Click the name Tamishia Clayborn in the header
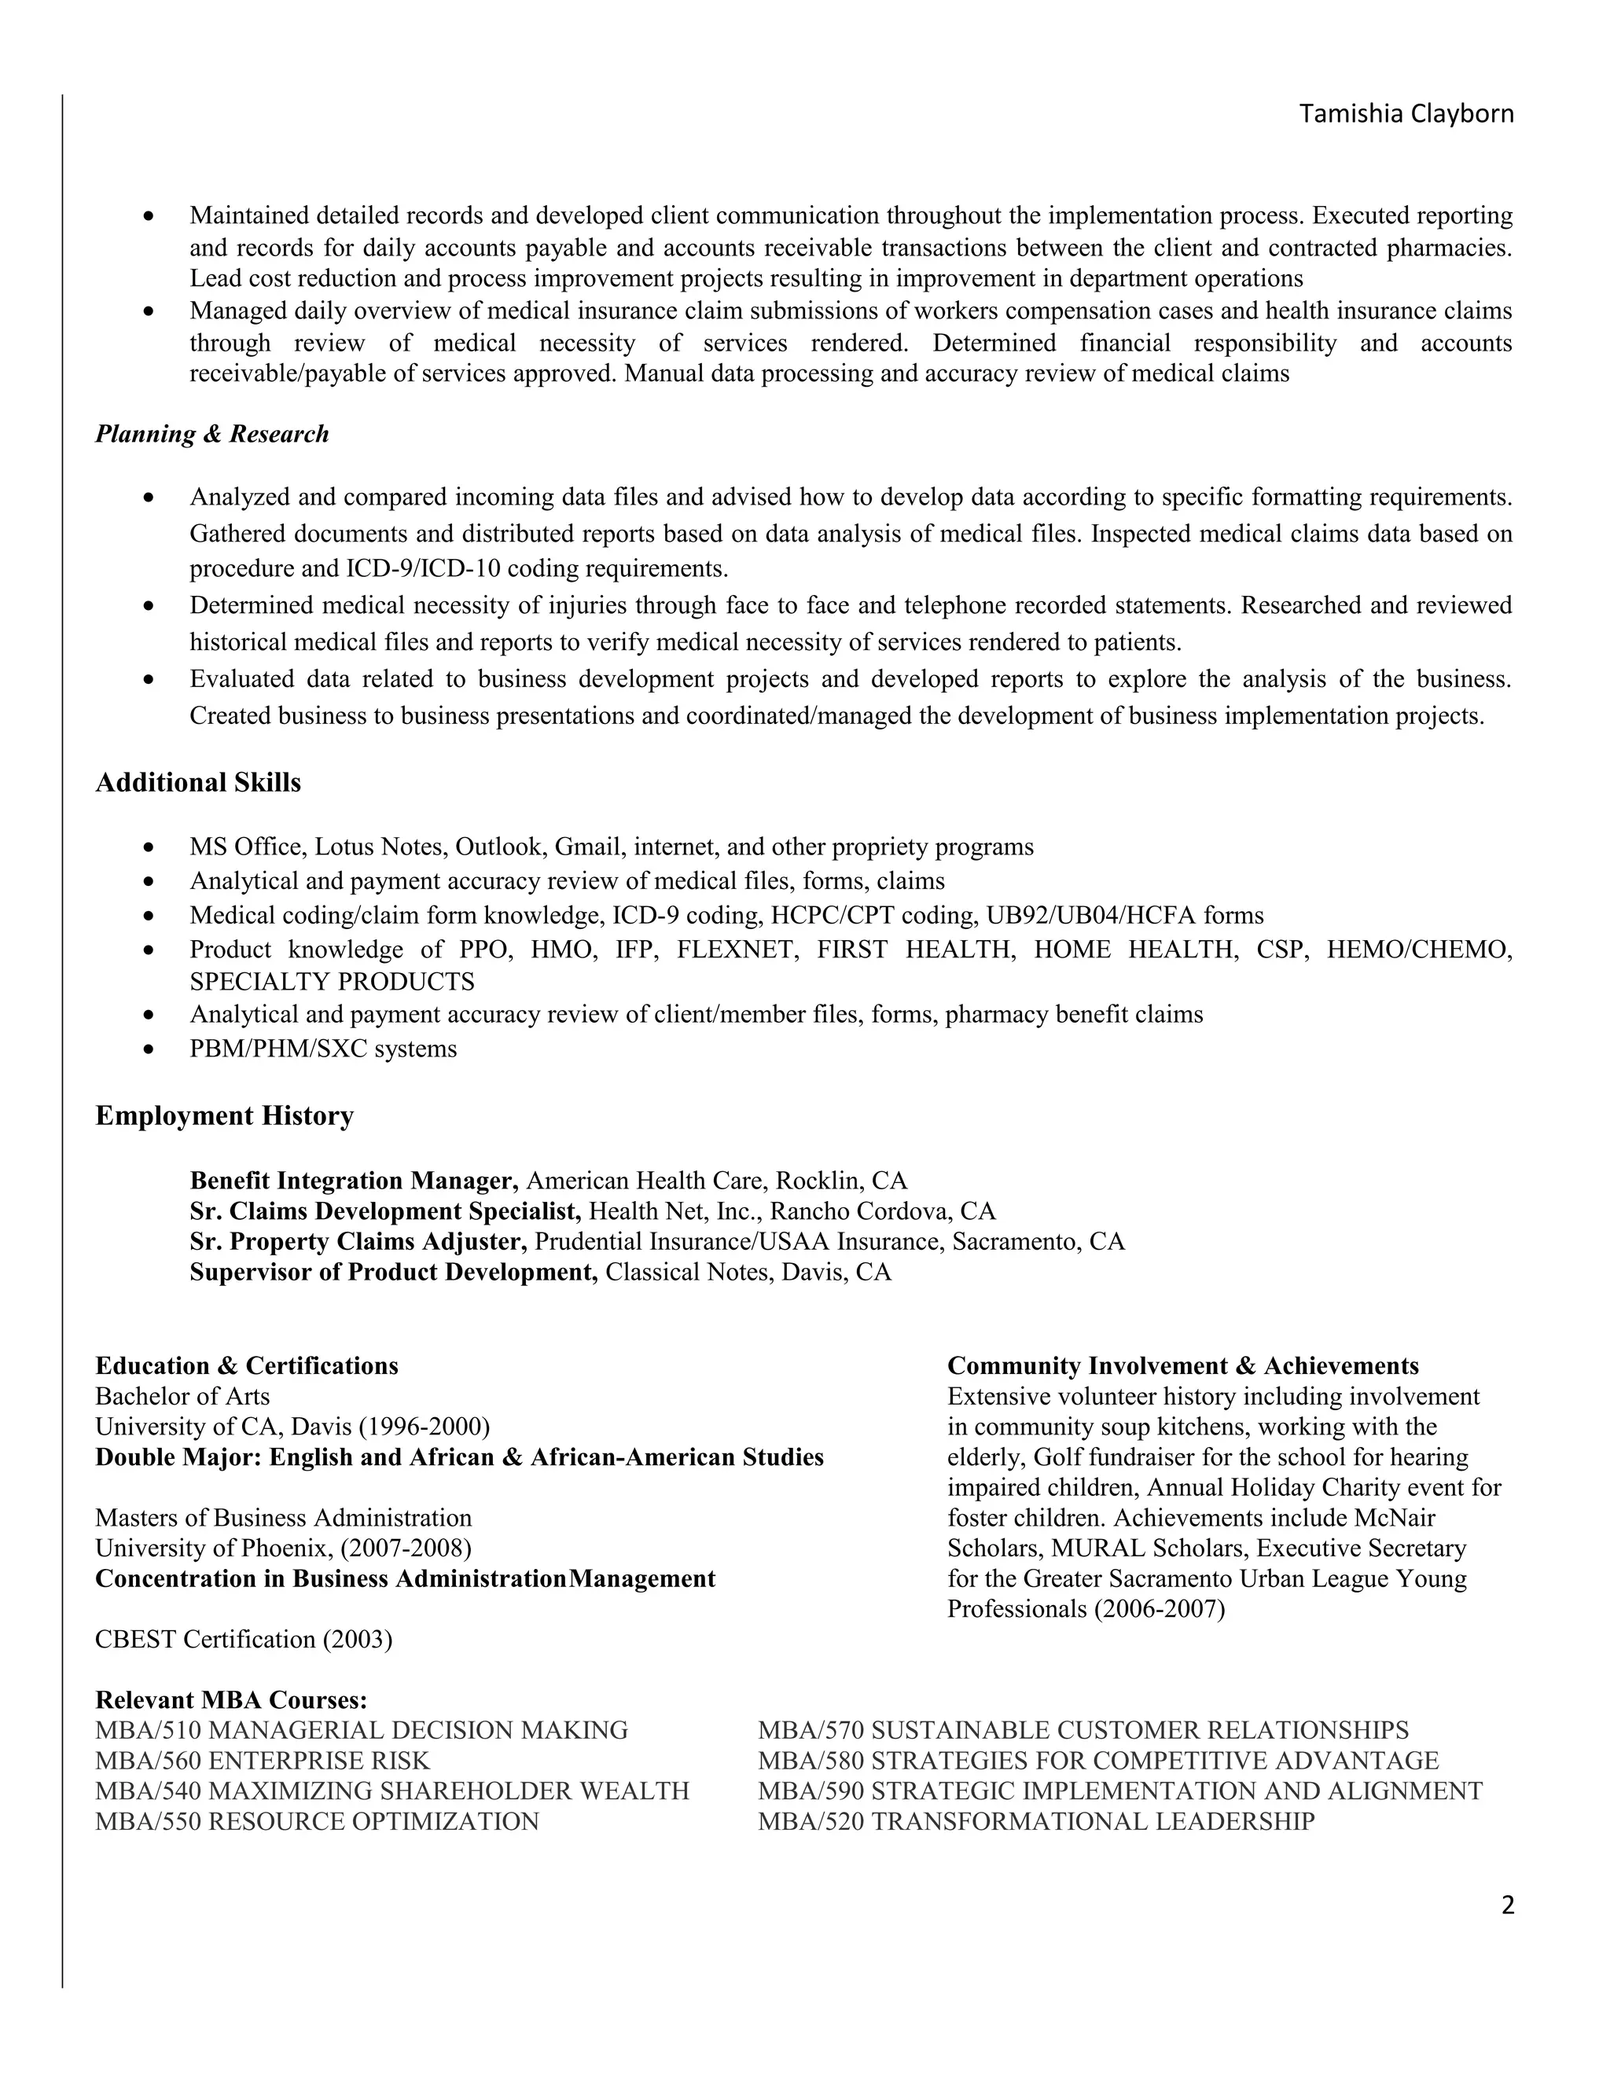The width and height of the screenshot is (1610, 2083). click(1406, 115)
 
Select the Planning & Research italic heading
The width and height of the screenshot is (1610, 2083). click(211, 434)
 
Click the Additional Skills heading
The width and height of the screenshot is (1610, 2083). click(197, 783)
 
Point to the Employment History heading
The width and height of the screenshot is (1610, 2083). click(224, 1116)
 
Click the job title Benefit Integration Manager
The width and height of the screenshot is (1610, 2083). click(354, 1181)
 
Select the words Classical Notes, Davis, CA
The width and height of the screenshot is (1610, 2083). click(748, 1273)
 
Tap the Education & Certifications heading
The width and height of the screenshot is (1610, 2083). click(246, 1366)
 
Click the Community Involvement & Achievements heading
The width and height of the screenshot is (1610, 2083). click(1182, 1366)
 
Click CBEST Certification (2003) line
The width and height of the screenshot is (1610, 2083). click(243, 1640)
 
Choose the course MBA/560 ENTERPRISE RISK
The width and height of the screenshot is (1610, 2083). click(263, 1761)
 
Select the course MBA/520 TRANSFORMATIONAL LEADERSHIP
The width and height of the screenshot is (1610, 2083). click(1036, 1822)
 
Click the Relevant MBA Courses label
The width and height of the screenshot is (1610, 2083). click(231, 1700)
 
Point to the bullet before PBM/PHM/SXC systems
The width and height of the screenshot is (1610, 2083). click(148, 1049)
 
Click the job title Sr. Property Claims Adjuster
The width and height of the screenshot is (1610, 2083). click(358, 1242)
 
